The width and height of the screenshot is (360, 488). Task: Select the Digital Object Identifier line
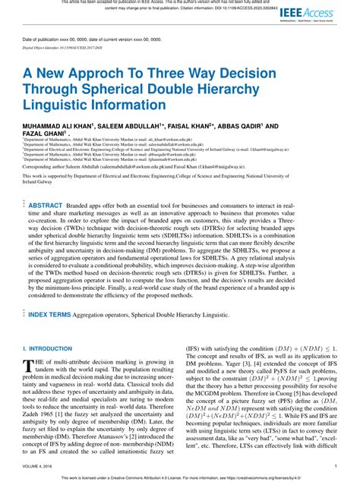(x=68, y=46)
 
